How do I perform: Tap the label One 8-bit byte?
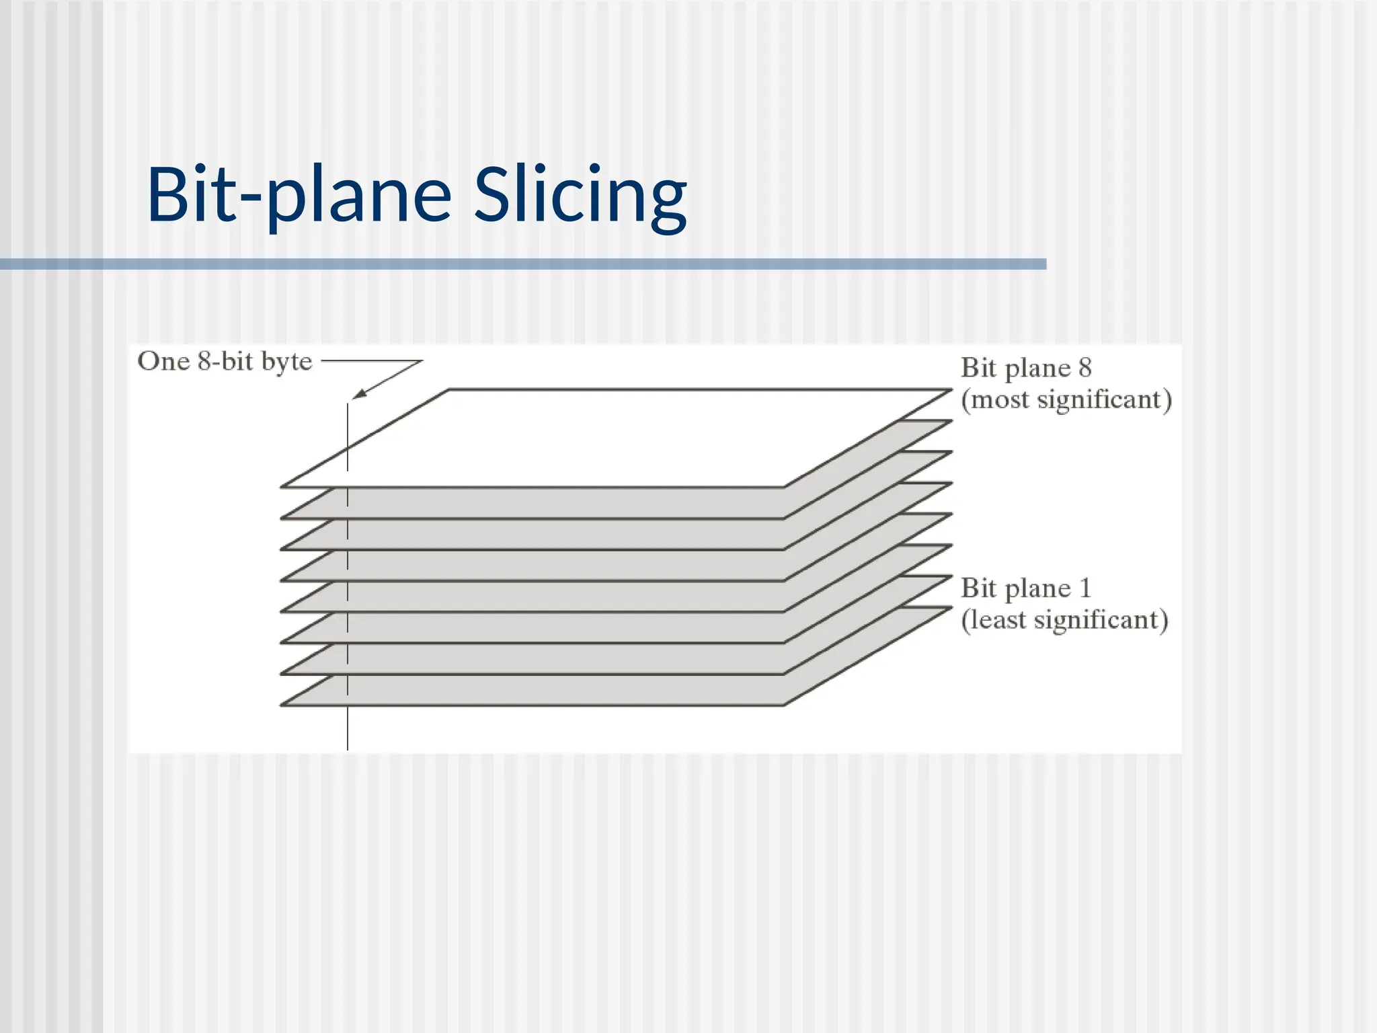[225, 362]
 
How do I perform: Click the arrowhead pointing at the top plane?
[358, 395]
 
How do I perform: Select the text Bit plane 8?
[1025, 368]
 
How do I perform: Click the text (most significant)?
[1066, 399]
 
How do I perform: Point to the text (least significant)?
[1064, 619]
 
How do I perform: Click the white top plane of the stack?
[605, 437]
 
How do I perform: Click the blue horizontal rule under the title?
[523, 264]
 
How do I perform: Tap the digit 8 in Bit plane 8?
[1085, 368]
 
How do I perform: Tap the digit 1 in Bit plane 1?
[1085, 588]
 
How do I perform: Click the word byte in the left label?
[286, 362]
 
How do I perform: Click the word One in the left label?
[163, 362]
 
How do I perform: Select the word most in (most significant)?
[1000, 399]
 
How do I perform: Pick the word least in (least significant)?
[997, 619]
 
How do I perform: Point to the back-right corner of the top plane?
[950, 389]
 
